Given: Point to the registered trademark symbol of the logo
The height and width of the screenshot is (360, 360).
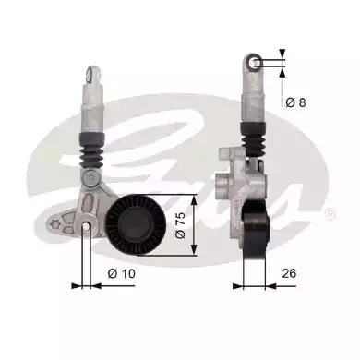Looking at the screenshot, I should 330,215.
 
